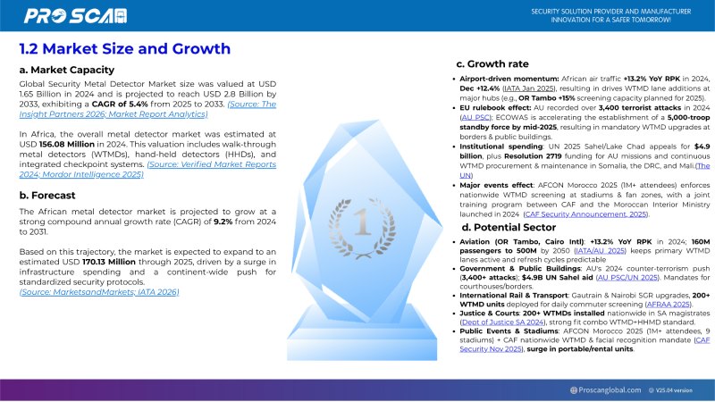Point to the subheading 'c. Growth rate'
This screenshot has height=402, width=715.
[492, 63]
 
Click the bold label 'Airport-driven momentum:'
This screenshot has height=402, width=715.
[510, 79]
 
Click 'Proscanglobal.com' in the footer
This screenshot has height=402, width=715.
[610, 389]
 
